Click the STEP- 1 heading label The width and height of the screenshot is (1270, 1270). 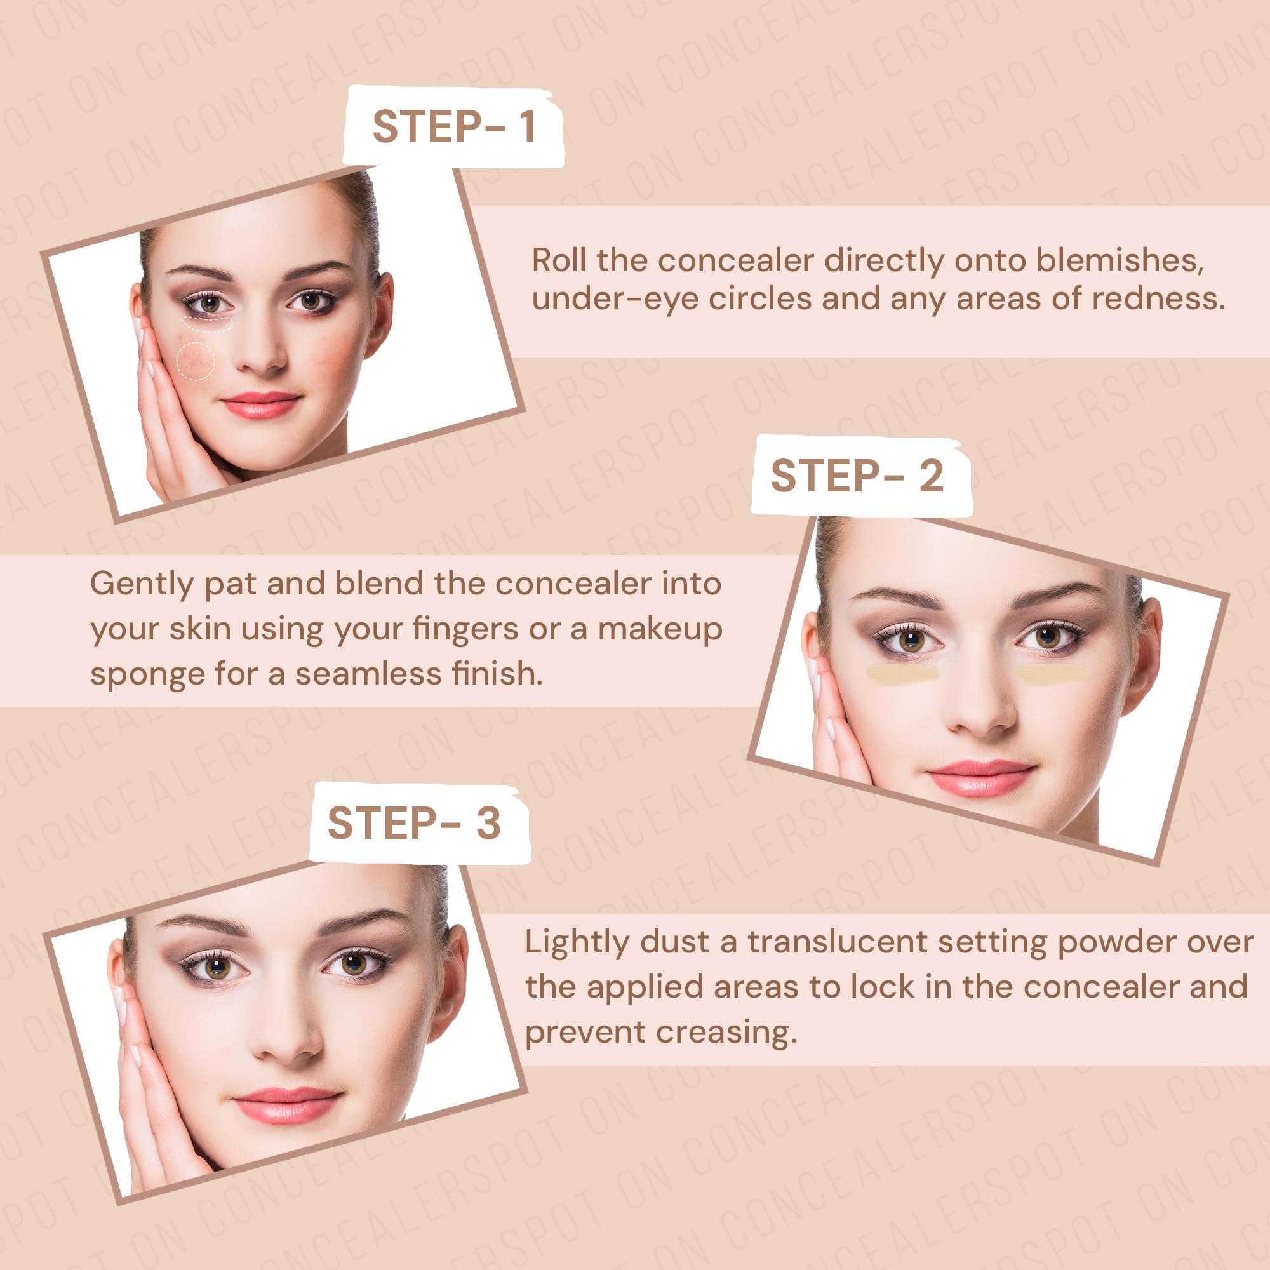(453, 126)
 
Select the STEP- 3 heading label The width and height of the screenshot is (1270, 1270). (414, 822)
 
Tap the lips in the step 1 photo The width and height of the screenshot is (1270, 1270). (261, 405)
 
